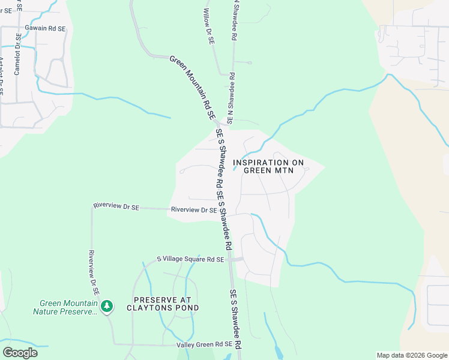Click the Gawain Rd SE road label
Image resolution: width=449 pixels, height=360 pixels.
click(x=45, y=28)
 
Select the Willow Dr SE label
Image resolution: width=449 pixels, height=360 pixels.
click(x=209, y=28)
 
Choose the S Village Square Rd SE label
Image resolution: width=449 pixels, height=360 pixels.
click(x=190, y=259)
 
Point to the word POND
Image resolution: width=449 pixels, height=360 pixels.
click(x=187, y=308)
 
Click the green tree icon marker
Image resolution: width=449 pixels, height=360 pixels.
click(x=107, y=307)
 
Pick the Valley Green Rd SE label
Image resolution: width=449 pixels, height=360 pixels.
click(x=204, y=344)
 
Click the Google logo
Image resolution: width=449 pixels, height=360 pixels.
click(x=20, y=353)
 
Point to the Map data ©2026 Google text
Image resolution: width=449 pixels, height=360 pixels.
click(x=412, y=355)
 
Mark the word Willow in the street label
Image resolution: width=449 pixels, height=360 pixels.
click(x=207, y=19)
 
